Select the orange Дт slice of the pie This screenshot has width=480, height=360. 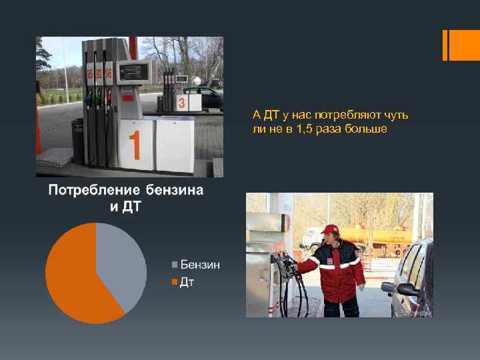tap(73, 280)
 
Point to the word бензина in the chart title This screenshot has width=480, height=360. tap(174, 191)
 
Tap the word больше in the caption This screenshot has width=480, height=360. tap(366, 128)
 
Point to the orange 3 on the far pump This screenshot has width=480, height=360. tap(181, 103)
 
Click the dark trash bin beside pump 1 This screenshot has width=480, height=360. tap(78, 140)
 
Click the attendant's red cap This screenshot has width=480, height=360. tap(329, 229)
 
